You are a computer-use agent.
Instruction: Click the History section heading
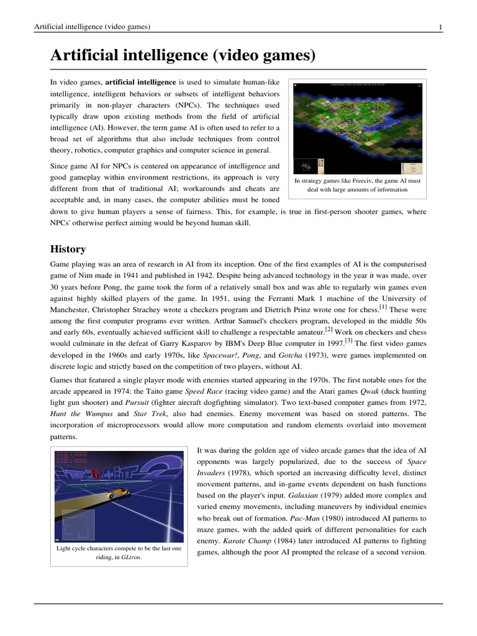(x=68, y=249)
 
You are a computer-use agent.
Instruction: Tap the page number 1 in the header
(x=440, y=27)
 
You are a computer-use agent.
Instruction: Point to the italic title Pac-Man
(x=304, y=517)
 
